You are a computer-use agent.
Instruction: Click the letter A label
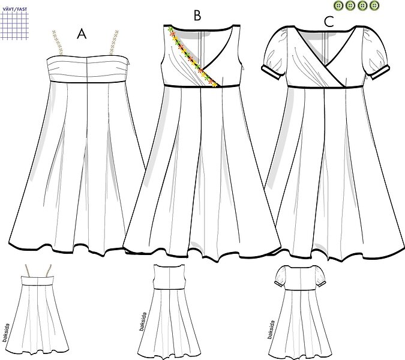click(82, 34)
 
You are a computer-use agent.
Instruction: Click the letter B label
click(197, 16)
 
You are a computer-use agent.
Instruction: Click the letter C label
click(329, 22)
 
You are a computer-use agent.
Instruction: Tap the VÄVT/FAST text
click(15, 9)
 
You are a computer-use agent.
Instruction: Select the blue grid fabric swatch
click(14, 26)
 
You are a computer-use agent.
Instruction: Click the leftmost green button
click(338, 5)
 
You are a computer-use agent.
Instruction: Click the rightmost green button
click(374, 5)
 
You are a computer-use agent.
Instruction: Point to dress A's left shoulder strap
click(58, 43)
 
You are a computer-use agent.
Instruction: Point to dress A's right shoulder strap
click(113, 43)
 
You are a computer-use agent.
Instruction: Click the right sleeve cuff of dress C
click(380, 73)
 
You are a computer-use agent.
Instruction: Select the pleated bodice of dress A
click(88, 69)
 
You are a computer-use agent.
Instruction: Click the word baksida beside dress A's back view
click(5, 333)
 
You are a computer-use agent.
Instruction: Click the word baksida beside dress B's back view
click(143, 322)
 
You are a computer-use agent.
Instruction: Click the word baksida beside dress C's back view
click(271, 329)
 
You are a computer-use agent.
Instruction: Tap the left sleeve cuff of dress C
click(271, 73)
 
